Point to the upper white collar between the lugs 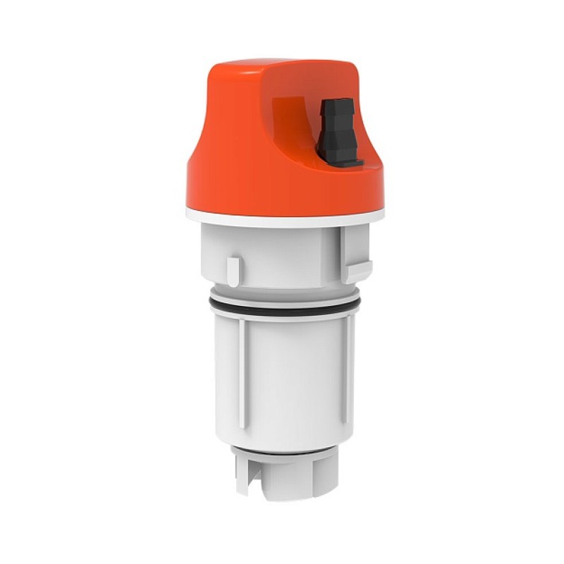(289, 254)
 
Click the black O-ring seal (282, 308)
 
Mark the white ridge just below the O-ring (282, 318)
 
